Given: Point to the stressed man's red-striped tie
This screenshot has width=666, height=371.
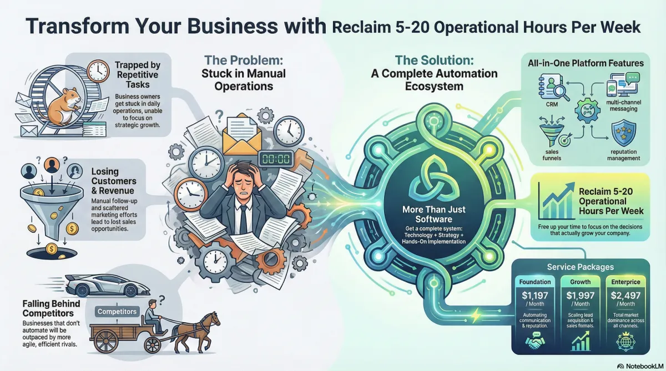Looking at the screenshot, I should point(243,216).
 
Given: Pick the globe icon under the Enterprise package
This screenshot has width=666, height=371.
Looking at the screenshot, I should point(623,343).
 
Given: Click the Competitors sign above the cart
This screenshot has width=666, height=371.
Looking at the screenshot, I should point(117,312).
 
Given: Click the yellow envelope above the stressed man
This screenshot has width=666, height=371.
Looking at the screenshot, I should point(241,135).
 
